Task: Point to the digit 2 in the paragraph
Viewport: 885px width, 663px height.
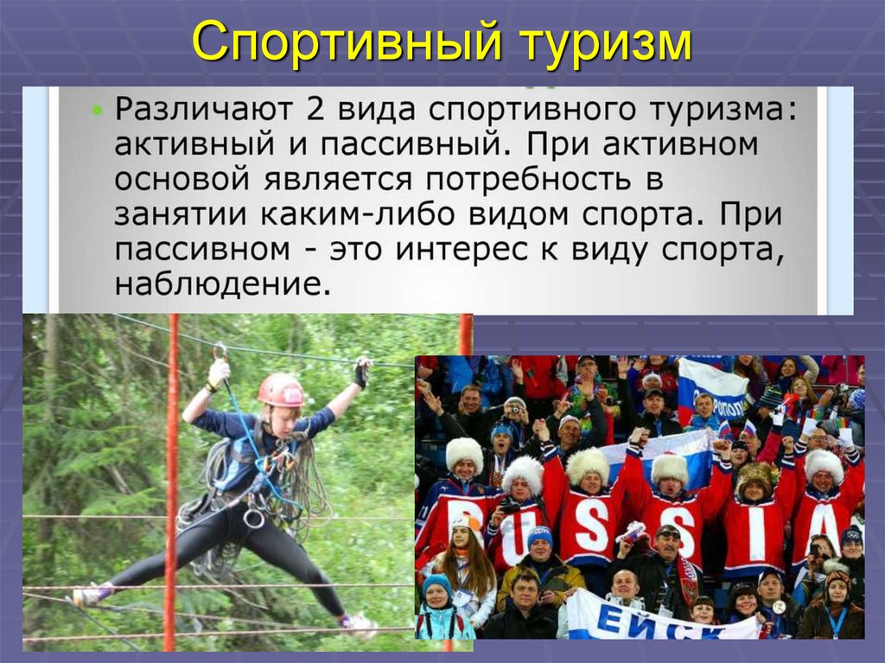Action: (309, 110)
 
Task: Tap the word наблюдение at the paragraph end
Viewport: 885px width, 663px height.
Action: (222, 284)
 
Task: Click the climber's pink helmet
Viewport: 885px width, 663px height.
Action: (281, 390)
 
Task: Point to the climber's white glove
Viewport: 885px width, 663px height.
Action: (218, 372)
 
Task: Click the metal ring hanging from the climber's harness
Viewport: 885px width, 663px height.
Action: (254, 518)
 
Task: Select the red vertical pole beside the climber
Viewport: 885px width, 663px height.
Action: (171, 484)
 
